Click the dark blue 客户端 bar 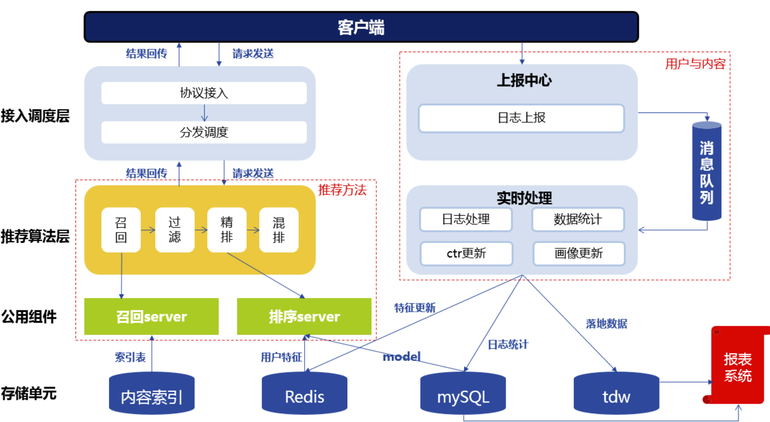pyautogui.click(x=361, y=27)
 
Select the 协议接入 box pyautogui.click(x=204, y=93)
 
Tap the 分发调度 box pyautogui.click(x=204, y=132)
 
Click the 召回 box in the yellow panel pyautogui.click(x=121, y=230)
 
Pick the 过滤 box pyautogui.click(x=175, y=230)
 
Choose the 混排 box pyautogui.click(x=279, y=230)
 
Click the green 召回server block pyautogui.click(x=151, y=316)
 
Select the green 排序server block pyautogui.click(x=304, y=316)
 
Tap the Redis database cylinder pyautogui.click(x=304, y=394)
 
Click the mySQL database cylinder pyautogui.click(x=463, y=394)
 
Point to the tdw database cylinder pyautogui.click(x=616, y=394)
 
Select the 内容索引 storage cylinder pyautogui.click(x=151, y=394)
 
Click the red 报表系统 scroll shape pyautogui.click(x=737, y=367)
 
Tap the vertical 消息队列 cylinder pyautogui.click(x=707, y=172)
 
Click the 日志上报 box pyautogui.click(x=521, y=118)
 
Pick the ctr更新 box pyautogui.click(x=466, y=253)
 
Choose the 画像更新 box pyautogui.click(x=579, y=253)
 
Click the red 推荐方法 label pyautogui.click(x=342, y=190)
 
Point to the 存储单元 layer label pyautogui.click(x=29, y=393)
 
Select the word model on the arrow pyautogui.click(x=401, y=356)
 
